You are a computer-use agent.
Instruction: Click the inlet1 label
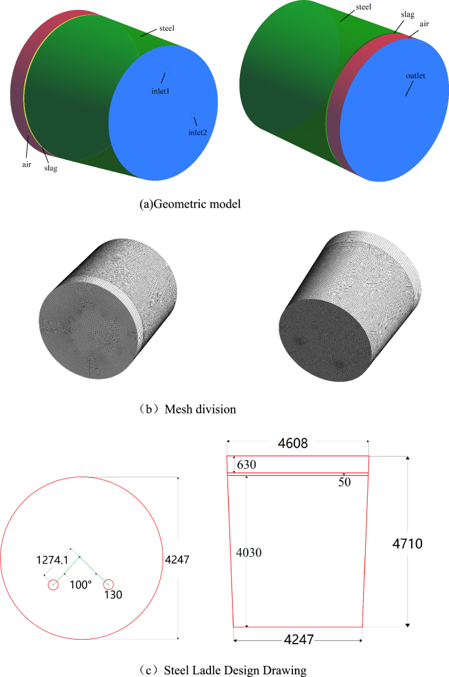tap(161, 90)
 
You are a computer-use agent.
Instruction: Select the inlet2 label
tap(197, 132)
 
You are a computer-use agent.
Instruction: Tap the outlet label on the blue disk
tap(415, 76)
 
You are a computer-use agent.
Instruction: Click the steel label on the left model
tap(166, 29)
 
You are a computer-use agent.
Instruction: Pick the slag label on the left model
tap(50, 168)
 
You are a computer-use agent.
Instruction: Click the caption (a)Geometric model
tap(191, 204)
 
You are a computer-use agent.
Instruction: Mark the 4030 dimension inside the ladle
tap(249, 552)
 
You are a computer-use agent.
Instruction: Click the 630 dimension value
tap(246, 464)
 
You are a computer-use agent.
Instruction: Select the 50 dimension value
tap(345, 482)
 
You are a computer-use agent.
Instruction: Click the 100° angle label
tap(81, 584)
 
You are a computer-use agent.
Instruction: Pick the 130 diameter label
tap(113, 594)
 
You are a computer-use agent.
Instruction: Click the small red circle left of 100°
tap(53, 584)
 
